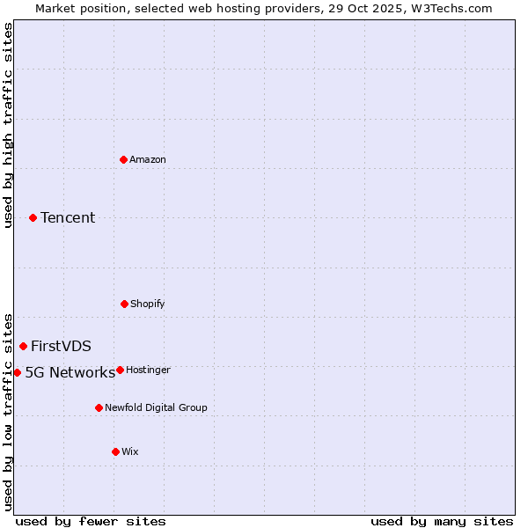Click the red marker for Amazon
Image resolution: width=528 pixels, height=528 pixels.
[124, 159]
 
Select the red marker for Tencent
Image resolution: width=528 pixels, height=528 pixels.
[33, 217]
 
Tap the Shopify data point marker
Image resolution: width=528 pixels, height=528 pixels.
[124, 304]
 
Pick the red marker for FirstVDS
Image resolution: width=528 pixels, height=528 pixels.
[24, 346]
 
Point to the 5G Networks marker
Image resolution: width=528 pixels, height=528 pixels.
[17, 372]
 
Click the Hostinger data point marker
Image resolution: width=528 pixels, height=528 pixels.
[120, 370]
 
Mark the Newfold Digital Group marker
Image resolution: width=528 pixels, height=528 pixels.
[99, 407]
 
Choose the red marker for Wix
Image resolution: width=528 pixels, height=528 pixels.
[115, 451]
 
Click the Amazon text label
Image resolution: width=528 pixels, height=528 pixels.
[148, 159]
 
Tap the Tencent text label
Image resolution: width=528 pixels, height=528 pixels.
[68, 217]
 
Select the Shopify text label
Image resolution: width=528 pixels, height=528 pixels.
[147, 304]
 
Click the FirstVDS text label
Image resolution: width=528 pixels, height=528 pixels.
[61, 346]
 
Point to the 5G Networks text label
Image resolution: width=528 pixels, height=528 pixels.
[70, 372]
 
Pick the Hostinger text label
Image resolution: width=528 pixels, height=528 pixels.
[148, 370]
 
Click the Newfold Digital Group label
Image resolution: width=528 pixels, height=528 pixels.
[156, 407]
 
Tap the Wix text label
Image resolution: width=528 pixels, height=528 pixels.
[130, 451]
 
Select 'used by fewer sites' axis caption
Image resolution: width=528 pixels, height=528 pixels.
[91, 521]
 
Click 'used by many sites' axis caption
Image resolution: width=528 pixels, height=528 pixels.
[442, 521]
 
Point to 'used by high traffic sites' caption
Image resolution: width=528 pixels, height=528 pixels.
[8, 126]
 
